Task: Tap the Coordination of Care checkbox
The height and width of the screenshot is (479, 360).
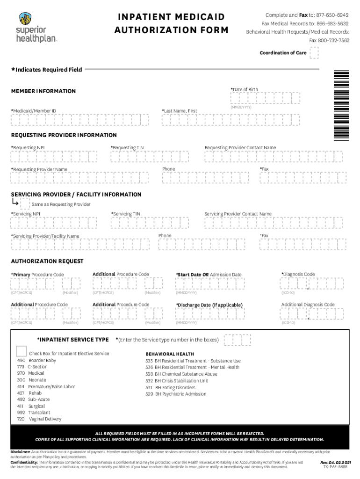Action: coord(315,53)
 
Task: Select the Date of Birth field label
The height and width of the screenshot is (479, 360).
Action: coord(244,89)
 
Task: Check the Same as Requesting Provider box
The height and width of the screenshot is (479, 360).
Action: coord(25,203)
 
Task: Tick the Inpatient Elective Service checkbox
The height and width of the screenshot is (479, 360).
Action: coord(22,352)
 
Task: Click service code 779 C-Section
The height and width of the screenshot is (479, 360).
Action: coord(32,367)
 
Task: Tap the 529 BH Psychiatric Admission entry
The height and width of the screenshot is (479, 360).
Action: coord(176,394)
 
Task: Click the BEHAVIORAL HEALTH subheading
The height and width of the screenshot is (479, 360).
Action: coord(170,354)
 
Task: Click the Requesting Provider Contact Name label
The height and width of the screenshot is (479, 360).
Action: coord(240,148)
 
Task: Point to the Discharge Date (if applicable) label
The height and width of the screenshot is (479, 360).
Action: coord(209,305)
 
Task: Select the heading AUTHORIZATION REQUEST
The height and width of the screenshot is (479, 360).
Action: coord(47,261)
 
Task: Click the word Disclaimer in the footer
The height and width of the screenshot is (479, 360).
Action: coord(21,452)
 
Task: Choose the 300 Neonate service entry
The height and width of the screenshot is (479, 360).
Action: coord(32,380)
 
